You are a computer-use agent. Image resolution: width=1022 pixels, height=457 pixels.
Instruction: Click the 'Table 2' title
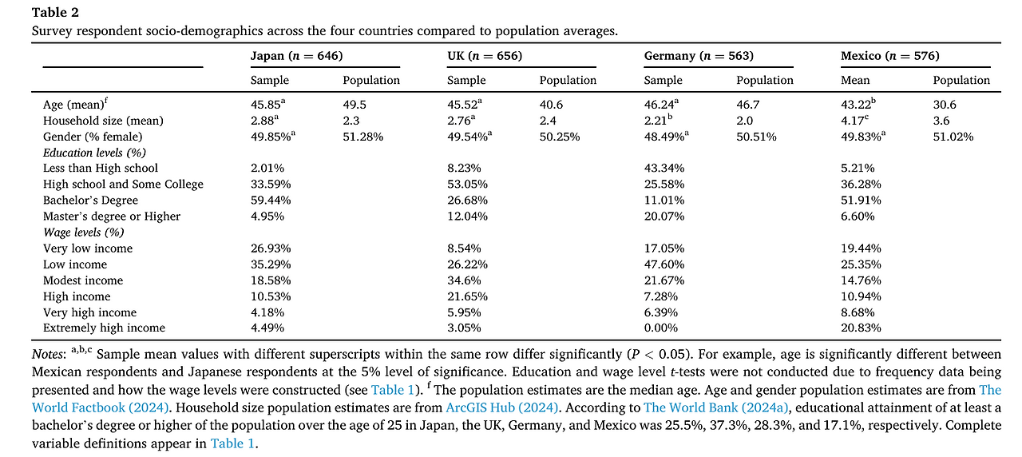(54, 12)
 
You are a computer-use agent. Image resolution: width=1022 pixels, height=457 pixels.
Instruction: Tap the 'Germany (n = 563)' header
(699, 56)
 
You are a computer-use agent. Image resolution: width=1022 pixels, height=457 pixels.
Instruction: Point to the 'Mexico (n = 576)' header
(889, 56)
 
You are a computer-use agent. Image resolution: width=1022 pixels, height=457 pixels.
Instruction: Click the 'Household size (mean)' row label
(103, 121)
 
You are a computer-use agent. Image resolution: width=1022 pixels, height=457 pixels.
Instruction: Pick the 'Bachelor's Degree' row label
(90, 200)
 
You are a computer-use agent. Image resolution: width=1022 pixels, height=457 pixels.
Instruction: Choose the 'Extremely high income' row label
(104, 328)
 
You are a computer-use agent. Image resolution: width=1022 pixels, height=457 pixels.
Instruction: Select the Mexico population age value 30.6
(944, 105)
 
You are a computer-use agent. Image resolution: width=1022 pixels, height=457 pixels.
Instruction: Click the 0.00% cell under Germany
(661, 328)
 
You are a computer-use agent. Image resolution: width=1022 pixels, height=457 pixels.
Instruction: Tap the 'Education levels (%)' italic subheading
(94, 153)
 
